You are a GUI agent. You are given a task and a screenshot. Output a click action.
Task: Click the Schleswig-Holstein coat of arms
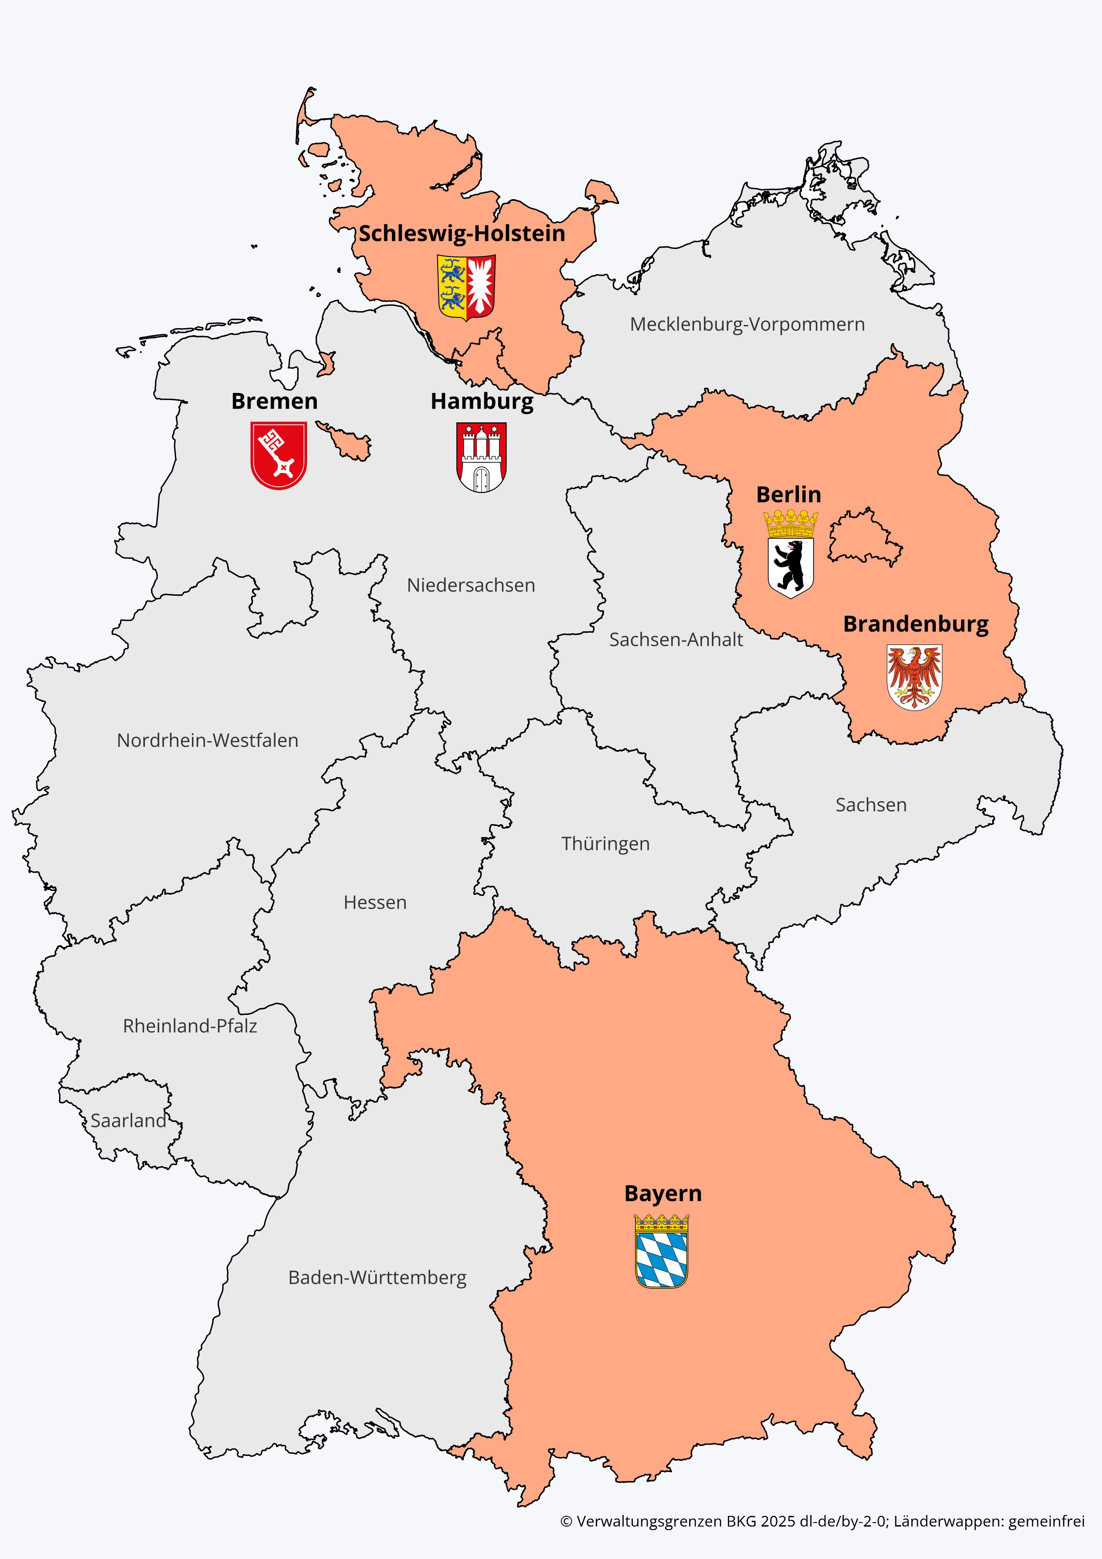pos(466,287)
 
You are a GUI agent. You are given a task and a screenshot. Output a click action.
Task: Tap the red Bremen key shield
pos(278,455)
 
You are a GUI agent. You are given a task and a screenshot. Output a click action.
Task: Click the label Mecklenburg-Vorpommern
pos(747,325)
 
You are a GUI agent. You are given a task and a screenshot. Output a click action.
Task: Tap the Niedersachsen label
pos(471,585)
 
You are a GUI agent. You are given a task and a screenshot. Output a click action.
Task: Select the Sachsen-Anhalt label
pos(676,640)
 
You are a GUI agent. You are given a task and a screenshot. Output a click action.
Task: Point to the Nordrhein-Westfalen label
pos(208,740)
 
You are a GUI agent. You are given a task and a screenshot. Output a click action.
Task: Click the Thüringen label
pos(605,844)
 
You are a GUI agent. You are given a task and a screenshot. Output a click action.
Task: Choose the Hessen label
pos(375,902)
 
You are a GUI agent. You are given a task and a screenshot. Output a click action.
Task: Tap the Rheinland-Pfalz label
pos(190,1026)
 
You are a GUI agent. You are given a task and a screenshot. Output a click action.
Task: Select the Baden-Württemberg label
pos(377,1278)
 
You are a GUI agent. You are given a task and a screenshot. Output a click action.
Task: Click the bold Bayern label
pos(663,1194)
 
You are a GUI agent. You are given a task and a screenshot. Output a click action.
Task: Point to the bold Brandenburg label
pos(915,624)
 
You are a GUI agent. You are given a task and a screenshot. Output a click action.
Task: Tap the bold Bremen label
pos(274,401)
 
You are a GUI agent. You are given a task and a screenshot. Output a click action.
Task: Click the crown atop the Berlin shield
pos(791,524)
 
